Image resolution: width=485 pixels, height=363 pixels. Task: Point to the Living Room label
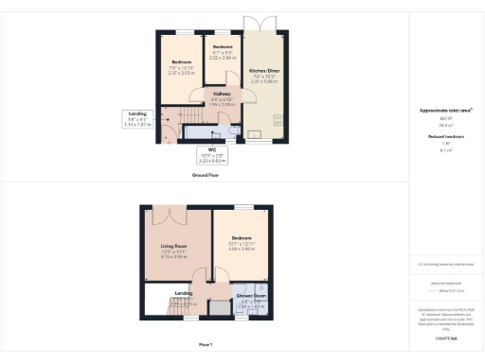[177, 251]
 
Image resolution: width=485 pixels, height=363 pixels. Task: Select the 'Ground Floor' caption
[207, 176]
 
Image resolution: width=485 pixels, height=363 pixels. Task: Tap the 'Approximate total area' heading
[446, 111]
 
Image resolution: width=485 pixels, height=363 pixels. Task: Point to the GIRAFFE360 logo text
[445, 337]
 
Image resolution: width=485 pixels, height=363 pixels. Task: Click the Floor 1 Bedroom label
[241, 242]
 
